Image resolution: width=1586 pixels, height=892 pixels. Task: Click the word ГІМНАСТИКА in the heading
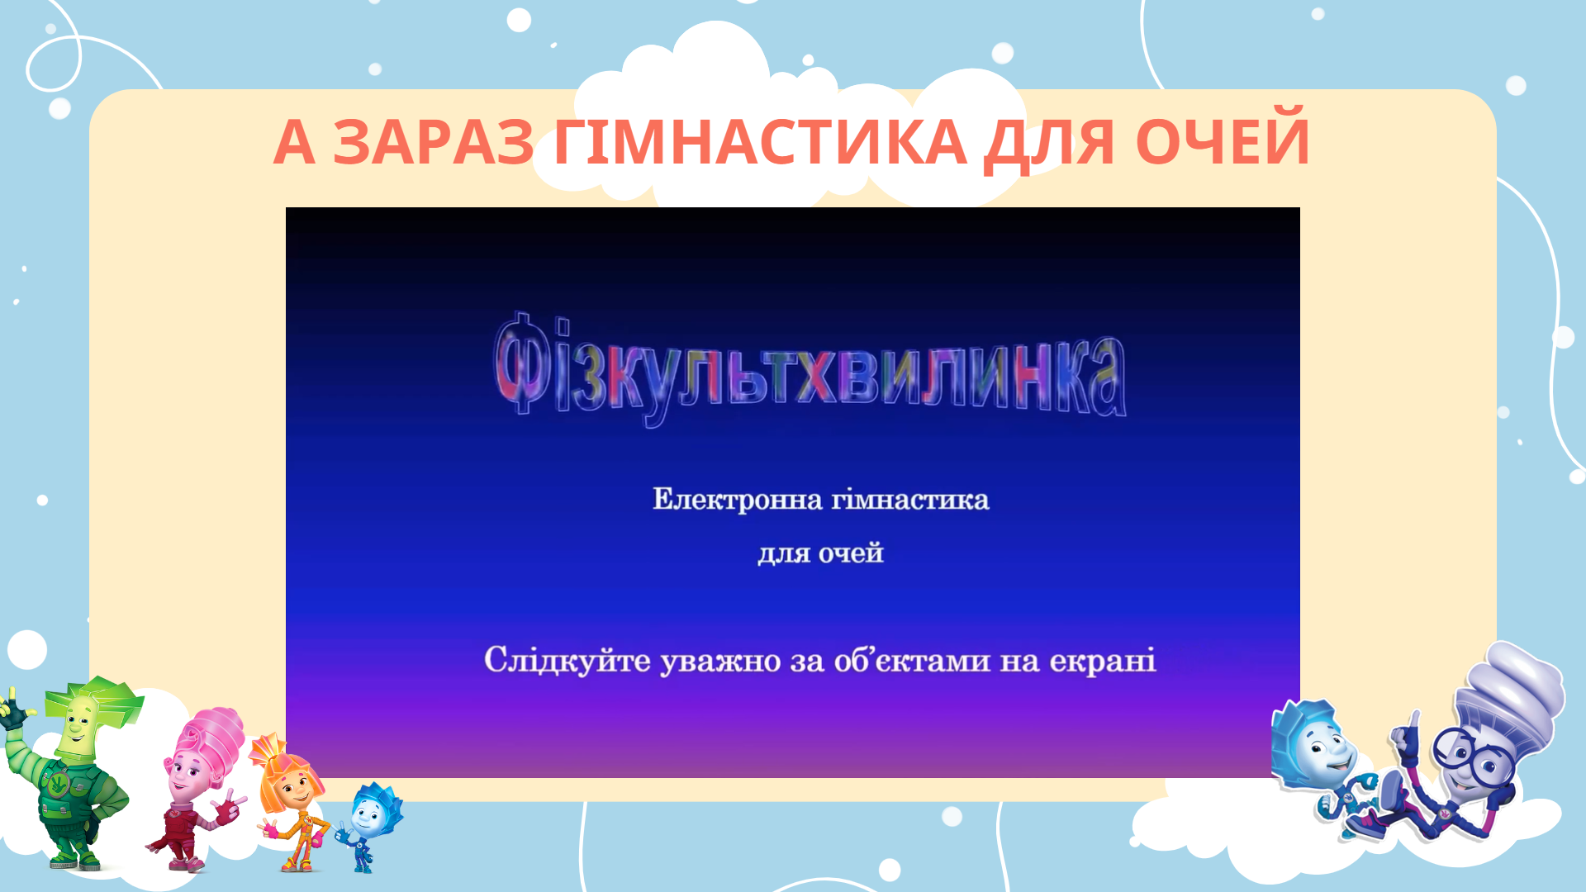[x=760, y=141]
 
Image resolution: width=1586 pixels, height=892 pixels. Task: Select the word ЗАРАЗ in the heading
[x=434, y=141]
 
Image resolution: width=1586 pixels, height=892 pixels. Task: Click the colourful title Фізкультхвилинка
[x=810, y=371]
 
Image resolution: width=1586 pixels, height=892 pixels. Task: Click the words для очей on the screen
[x=821, y=553]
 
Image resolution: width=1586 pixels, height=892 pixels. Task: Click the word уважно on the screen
[x=720, y=662]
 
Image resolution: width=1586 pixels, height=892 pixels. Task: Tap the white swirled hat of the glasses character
[x=1512, y=694]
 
